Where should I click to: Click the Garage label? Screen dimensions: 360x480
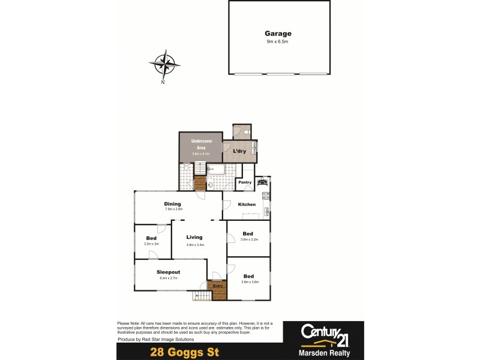coord(278,34)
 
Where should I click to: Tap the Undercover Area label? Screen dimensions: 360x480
coord(201,144)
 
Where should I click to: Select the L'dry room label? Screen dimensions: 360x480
coord(239,151)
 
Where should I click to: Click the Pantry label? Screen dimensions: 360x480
coord(245,182)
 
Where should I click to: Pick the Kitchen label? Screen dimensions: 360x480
coord(247,205)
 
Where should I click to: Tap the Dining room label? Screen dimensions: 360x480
coord(173,204)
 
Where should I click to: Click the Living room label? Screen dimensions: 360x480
coord(194,237)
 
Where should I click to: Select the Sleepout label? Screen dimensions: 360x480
coord(169,272)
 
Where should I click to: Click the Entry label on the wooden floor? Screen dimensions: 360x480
coord(218,286)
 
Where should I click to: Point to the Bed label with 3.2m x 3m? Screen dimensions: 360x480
coord(151,238)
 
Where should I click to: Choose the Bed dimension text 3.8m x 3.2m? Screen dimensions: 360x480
coord(248,239)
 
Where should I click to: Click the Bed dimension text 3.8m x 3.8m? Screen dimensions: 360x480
coord(248,281)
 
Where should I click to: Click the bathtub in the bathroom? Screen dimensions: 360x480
coord(217,169)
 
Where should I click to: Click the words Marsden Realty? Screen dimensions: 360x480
coord(325,353)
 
